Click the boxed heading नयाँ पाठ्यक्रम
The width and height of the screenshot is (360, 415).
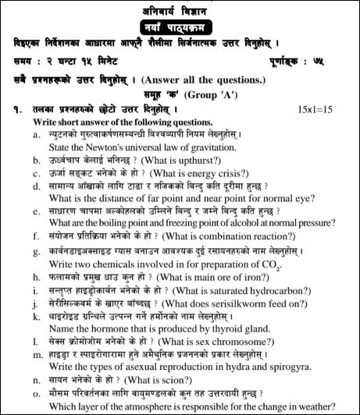click(x=180, y=25)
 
